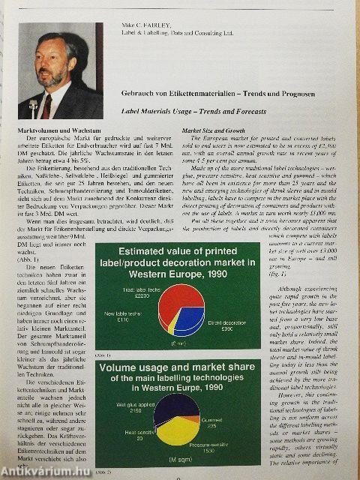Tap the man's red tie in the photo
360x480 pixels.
click(x=46, y=102)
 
